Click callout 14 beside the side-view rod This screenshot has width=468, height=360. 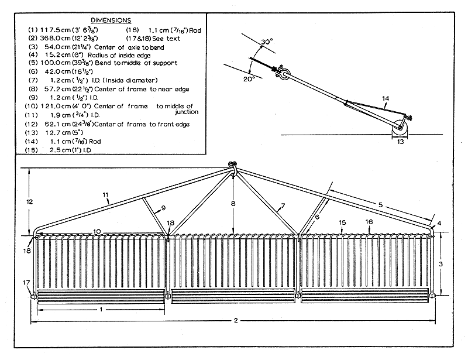(x=384, y=98)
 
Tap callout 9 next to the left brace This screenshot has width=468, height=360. (x=163, y=207)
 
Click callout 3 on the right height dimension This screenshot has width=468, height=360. (x=441, y=265)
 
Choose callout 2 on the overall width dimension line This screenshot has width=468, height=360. (x=235, y=321)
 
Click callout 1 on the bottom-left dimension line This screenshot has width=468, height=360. (x=101, y=308)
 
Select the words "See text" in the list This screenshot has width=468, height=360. (x=178, y=37)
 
